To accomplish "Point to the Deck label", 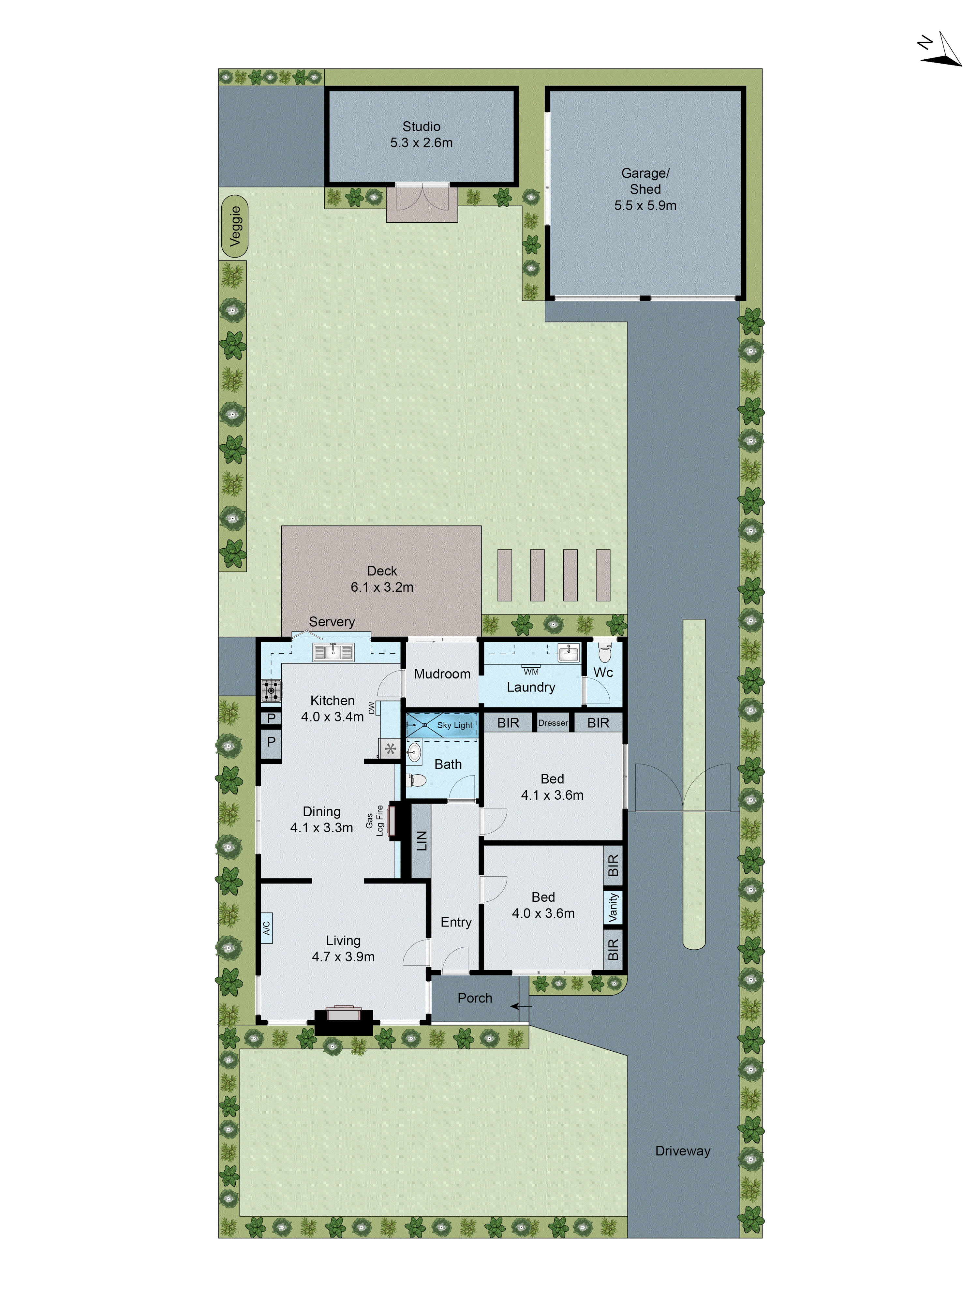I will click(382, 570).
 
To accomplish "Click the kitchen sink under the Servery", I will click(333, 652).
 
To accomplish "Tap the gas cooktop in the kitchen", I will click(271, 690).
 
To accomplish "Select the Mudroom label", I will click(442, 674).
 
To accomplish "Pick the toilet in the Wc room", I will click(605, 653).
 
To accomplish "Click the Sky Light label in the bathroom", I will click(454, 725).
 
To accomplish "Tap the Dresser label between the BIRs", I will click(553, 723).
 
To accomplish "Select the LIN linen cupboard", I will click(421, 841).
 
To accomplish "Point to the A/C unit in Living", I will click(266, 927).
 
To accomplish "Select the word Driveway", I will click(683, 1151).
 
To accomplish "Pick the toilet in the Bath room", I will click(416, 780).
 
